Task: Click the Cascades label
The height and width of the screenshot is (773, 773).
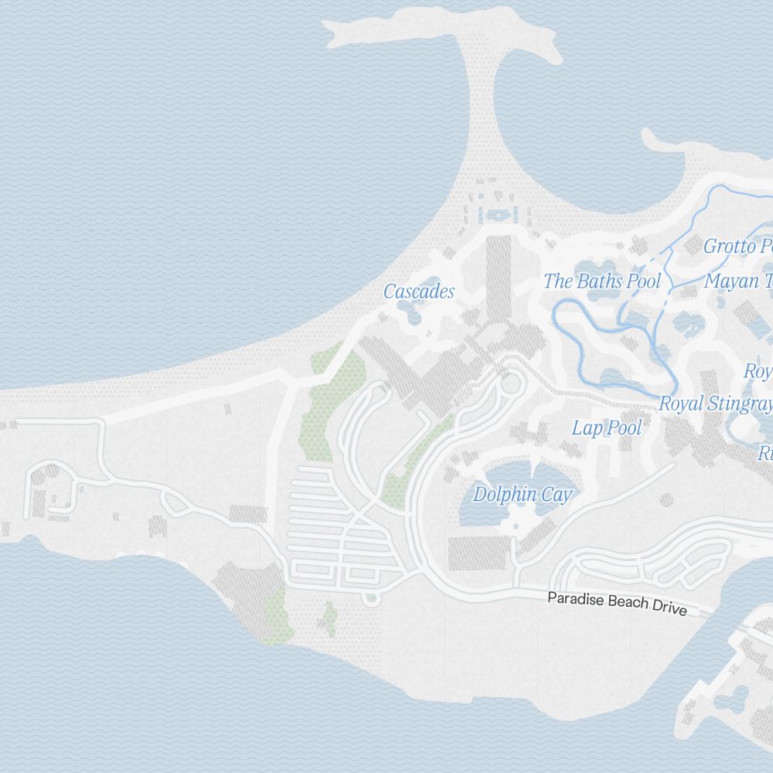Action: click(419, 291)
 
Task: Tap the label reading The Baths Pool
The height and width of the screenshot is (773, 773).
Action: click(602, 281)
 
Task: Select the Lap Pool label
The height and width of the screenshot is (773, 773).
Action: click(607, 427)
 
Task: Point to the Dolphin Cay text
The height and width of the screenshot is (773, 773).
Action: click(523, 495)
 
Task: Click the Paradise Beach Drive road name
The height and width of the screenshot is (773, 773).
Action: click(617, 603)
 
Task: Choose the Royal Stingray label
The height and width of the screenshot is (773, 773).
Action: click(715, 404)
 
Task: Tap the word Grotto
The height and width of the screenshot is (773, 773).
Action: click(729, 247)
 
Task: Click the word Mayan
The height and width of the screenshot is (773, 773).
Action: click(731, 281)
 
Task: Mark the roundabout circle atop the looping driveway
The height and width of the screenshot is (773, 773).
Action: click(510, 383)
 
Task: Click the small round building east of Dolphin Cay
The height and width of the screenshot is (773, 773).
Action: click(666, 499)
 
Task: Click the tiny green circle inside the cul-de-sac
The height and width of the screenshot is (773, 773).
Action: click(371, 597)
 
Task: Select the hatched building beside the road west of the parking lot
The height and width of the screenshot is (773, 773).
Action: click(248, 514)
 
